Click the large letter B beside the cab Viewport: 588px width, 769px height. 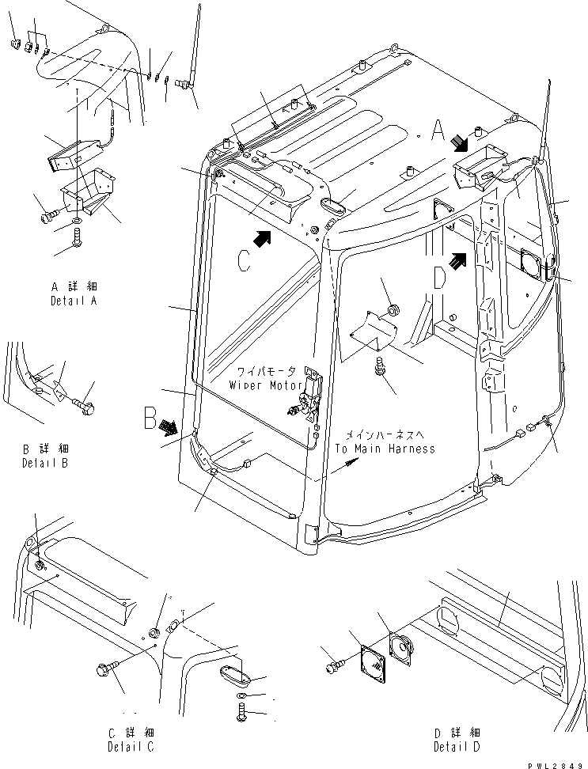(x=151, y=418)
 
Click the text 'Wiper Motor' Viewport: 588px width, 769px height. (x=267, y=384)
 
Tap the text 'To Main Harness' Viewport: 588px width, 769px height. (x=385, y=449)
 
